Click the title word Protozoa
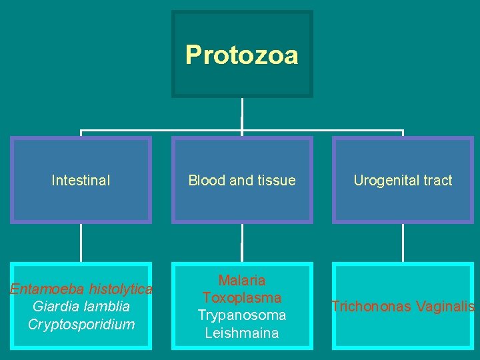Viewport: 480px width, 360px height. (x=241, y=55)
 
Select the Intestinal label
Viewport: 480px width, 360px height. (x=81, y=180)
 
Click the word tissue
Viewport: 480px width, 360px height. (x=276, y=180)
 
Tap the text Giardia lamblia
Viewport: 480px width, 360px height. (x=81, y=307)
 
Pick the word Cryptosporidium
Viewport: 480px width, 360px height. (x=81, y=324)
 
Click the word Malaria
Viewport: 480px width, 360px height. (x=241, y=281)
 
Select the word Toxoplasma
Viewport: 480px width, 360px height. (x=241, y=297)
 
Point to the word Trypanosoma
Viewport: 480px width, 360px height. (x=241, y=315)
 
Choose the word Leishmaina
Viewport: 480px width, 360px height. (x=241, y=332)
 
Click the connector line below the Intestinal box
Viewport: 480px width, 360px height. (x=81, y=243)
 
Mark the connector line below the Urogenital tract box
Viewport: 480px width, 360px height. (x=403, y=243)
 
